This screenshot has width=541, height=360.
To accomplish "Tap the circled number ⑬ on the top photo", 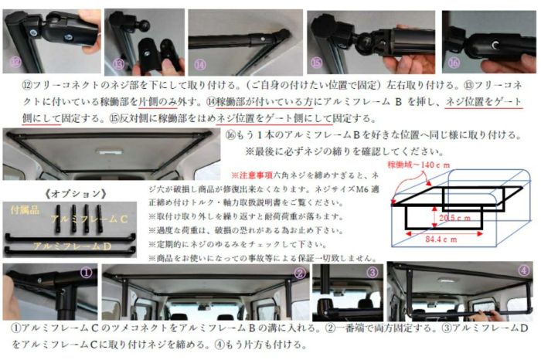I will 118,63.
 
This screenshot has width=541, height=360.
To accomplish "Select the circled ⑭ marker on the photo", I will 199,63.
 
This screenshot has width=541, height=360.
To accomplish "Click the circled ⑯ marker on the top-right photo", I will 453,63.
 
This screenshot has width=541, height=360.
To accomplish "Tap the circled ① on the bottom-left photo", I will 87,272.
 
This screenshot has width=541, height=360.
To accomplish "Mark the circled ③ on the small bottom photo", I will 373,272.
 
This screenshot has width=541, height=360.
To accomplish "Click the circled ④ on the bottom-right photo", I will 525,271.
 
